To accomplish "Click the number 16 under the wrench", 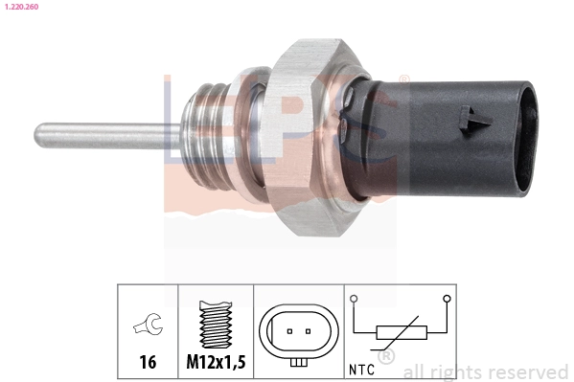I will pyautogui.click(x=148, y=362).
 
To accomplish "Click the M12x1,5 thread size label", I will pyautogui.click(x=216, y=362).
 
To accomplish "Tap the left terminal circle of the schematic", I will pyautogui.click(x=354, y=299).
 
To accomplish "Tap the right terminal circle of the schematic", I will pyautogui.click(x=446, y=299).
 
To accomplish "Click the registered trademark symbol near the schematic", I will pyautogui.click(x=387, y=356).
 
